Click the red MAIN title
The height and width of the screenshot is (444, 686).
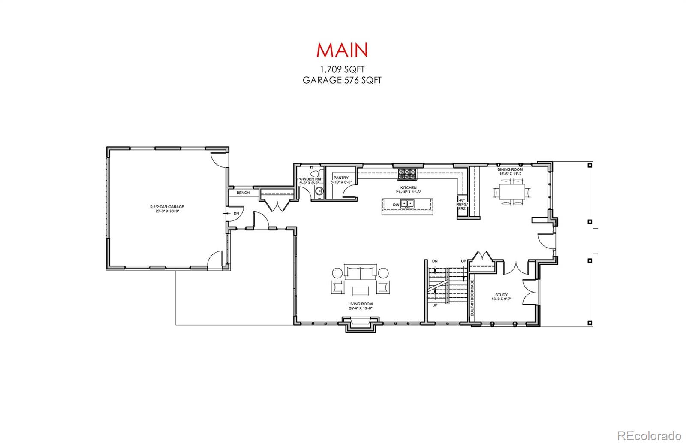(342, 50)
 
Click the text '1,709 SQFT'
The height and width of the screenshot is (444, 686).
(342, 69)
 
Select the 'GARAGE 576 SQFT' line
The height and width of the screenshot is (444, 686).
(342, 80)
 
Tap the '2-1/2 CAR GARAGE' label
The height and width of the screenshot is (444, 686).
(167, 207)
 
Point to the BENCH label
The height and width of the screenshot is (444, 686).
(243, 193)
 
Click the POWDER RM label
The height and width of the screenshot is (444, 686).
(309, 179)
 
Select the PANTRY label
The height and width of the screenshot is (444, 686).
(341, 178)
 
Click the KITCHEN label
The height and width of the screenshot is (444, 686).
(409, 187)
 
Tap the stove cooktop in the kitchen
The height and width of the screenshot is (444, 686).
(407, 174)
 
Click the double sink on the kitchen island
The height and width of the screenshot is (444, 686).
(407, 204)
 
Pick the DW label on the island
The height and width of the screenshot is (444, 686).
(396, 205)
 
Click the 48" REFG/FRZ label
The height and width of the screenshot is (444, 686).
(462, 204)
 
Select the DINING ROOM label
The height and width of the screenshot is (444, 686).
(510, 169)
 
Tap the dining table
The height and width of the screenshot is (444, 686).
(512, 192)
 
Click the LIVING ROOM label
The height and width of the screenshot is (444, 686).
(361, 304)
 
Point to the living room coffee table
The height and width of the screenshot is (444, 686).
(361, 290)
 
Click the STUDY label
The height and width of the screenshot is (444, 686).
(501, 295)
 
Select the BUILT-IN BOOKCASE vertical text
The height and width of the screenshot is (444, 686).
(472, 298)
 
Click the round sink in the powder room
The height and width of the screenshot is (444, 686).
(320, 191)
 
